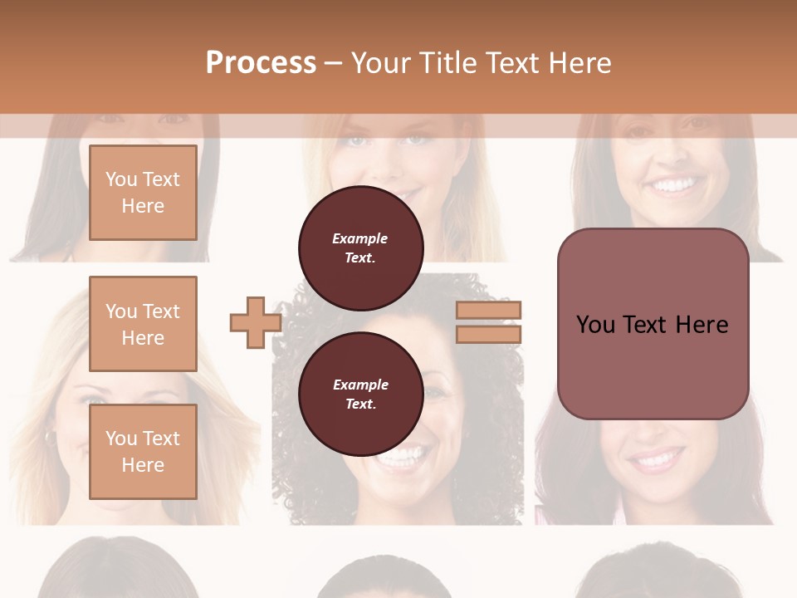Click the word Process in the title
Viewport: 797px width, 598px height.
pyautogui.click(x=261, y=63)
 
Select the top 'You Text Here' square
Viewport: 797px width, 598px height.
pyautogui.click(x=143, y=193)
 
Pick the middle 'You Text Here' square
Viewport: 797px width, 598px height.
pyautogui.click(x=143, y=324)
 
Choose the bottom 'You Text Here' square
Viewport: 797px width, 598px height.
pyautogui.click(x=143, y=451)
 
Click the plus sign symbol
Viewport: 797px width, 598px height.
pyautogui.click(x=255, y=323)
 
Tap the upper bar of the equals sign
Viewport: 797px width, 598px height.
pyautogui.click(x=489, y=310)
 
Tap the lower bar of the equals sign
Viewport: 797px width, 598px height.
pyautogui.click(x=489, y=335)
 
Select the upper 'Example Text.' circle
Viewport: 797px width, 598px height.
pyautogui.click(x=360, y=248)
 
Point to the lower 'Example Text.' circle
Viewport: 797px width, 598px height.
pyautogui.click(x=360, y=394)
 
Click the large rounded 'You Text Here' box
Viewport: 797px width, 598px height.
pyautogui.click(x=653, y=324)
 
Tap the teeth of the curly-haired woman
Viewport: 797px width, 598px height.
pyautogui.click(x=407, y=455)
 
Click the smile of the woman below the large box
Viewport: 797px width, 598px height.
pyautogui.click(x=656, y=458)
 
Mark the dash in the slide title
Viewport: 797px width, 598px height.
pyautogui.click(x=333, y=64)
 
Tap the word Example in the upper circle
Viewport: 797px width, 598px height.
pyautogui.click(x=359, y=238)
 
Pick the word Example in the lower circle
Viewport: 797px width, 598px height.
pyautogui.click(x=360, y=385)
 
